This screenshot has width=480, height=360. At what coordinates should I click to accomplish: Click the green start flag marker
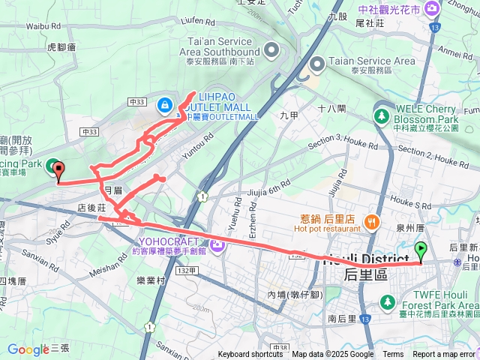pyautogui.click(x=421, y=250)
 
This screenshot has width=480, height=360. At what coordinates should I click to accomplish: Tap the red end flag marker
pyautogui.click(x=56, y=168)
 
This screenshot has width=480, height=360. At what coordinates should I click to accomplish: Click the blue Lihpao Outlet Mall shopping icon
pyautogui.click(x=164, y=105)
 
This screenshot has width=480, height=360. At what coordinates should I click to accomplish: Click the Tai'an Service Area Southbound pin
pyautogui.click(x=271, y=51)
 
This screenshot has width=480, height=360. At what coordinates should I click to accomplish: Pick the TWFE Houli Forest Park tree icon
pyautogui.click(x=388, y=301)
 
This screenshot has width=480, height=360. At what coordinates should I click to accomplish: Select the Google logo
pyautogui.click(x=28, y=349)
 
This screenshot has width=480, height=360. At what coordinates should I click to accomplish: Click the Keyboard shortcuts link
pyautogui.click(x=250, y=355)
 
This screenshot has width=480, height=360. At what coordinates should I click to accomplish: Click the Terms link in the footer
pyautogui.click(x=393, y=355)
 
